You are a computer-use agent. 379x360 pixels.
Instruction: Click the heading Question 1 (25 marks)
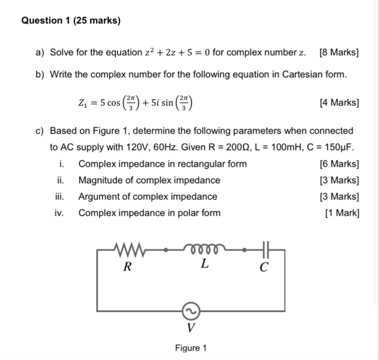(71, 21)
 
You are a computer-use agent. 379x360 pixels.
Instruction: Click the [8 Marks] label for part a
(339, 53)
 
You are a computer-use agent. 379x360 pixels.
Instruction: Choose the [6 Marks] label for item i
(339, 164)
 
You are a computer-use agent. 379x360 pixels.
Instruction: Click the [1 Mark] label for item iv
(342, 213)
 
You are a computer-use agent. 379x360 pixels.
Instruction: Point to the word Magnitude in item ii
(100, 181)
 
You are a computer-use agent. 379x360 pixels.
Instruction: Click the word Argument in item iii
(98, 197)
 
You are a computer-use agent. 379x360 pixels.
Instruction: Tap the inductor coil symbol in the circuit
(203, 250)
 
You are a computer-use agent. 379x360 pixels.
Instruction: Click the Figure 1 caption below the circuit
(190, 348)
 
